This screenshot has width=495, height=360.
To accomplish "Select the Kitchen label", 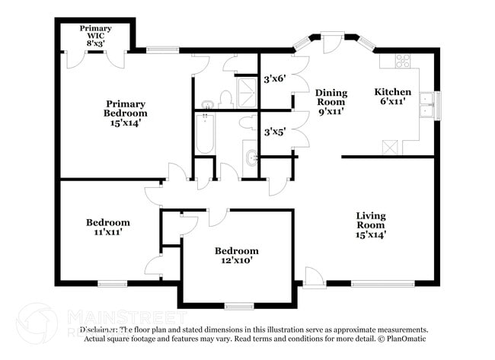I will pyautogui.click(x=393, y=92).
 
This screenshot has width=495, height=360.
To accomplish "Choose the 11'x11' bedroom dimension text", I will pyautogui.click(x=107, y=232).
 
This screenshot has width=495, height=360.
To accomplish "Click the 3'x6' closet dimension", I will pyautogui.click(x=274, y=78).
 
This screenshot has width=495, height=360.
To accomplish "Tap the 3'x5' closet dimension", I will pyautogui.click(x=274, y=131).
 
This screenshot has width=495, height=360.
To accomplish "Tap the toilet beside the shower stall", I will pyautogui.click(x=225, y=98).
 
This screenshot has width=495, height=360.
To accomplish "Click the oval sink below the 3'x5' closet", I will pyautogui.click(x=251, y=158).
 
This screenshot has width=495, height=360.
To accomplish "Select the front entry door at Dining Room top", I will pyautogui.click(x=331, y=42).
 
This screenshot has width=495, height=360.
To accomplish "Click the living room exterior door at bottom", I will pyautogui.click(x=313, y=277).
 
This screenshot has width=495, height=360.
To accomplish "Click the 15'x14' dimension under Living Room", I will pyautogui.click(x=370, y=234).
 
